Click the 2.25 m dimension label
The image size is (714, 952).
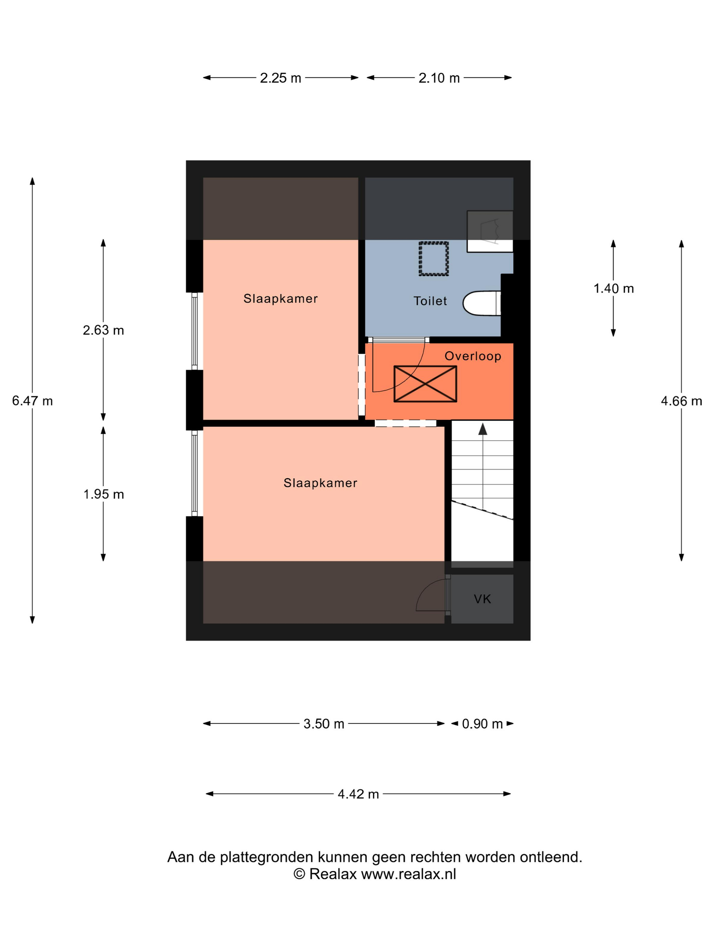click(x=280, y=78)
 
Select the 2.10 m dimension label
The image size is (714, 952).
click(x=439, y=78)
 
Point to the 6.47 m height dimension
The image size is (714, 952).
click(x=32, y=401)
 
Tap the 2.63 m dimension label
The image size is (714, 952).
click(x=103, y=330)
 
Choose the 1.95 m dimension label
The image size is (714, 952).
click(x=103, y=494)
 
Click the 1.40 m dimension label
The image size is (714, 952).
click(x=614, y=288)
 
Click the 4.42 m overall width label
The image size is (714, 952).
click(x=358, y=794)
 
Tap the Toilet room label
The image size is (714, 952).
click(x=430, y=301)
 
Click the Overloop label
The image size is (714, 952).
click(x=473, y=356)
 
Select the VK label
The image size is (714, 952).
click(x=482, y=599)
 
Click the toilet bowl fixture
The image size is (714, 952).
click(x=481, y=303)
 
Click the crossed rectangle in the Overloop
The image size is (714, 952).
click(x=425, y=384)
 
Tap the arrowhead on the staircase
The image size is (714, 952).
click(x=483, y=429)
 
